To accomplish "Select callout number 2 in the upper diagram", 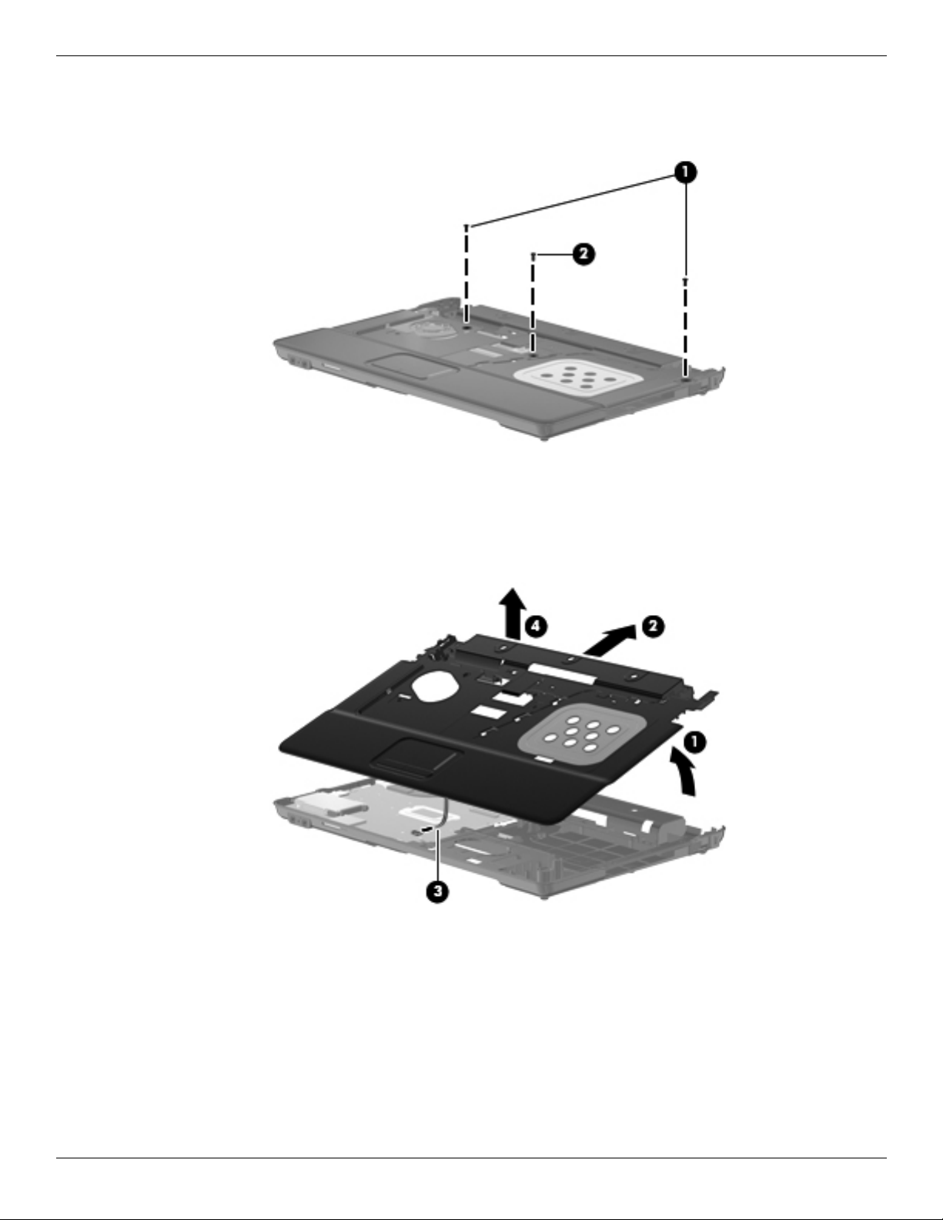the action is click(584, 254).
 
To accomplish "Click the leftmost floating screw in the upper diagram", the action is click(466, 227).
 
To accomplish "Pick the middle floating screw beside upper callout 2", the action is click(533, 255).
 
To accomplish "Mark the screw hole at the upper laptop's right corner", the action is click(685, 376).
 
